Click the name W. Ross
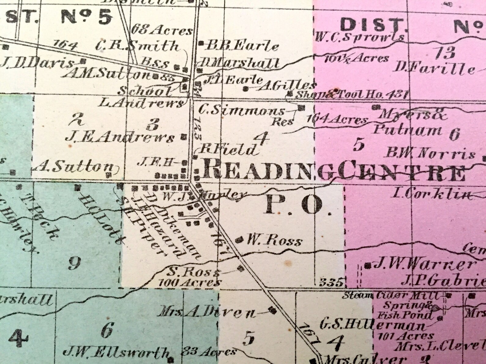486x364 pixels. tap(274, 241)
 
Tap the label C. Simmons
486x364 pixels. tap(241, 110)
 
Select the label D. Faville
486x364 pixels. tap(435, 68)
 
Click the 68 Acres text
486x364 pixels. tap(162, 30)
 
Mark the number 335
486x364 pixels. tap(331, 282)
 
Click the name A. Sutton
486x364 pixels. tap(74, 167)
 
